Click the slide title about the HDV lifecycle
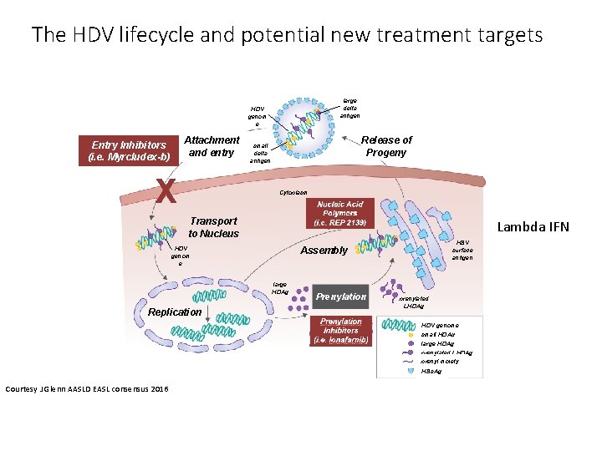pyautogui.click(x=287, y=35)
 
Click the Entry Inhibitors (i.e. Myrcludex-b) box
pyautogui.click(x=129, y=150)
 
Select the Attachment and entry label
pyautogui.click(x=211, y=146)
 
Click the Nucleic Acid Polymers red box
pyautogui.click(x=339, y=214)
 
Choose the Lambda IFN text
pyautogui.click(x=533, y=226)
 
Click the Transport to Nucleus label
pyautogui.click(x=213, y=227)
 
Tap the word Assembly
pyautogui.click(x=324, y=250)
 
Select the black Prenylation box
pyautogui.click(x=341, y=296)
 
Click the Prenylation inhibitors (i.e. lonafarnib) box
pyautogui.click(x=340, y=331)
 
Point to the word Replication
pyautogui.click(x=175, y=312)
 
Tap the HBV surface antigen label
pyautogui.click(x=462, y=250)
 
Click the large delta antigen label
pyautogui.click(x=349, y=107)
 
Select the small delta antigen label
pyautogui.click(x=261, y=152)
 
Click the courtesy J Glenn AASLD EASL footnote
pyautogui.click(x=86, y=388)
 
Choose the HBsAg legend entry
pyautogui.click(x=431, y=370)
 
